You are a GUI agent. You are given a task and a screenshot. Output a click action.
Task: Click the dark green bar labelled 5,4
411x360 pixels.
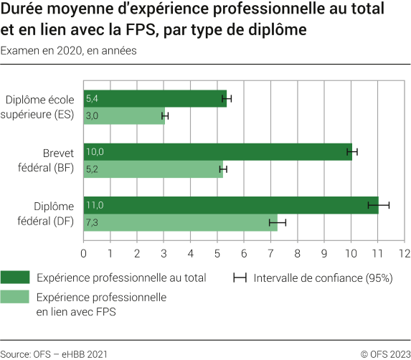click(155, 98)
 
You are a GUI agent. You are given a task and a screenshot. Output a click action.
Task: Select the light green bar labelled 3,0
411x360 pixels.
click(124, 115)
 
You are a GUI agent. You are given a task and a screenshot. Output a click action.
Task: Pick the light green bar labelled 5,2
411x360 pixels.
click(153, 169)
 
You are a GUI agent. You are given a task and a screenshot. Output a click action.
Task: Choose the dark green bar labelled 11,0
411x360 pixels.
click(230, 205)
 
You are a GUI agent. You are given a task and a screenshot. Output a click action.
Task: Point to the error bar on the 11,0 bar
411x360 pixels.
click(378, 205)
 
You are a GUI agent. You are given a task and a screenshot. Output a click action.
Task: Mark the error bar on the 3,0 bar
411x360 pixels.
click(165, 115)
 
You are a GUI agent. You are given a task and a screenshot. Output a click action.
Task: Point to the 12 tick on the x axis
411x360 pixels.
click(405, 253)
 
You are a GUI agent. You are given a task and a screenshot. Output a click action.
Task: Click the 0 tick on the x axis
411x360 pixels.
click(84, 253)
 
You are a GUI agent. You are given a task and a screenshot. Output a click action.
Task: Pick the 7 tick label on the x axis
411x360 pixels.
click(271, 253)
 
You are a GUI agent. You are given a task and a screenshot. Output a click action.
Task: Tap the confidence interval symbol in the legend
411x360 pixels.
click(240, 278)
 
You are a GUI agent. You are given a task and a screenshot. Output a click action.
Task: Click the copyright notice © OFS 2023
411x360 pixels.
click(385, 353)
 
